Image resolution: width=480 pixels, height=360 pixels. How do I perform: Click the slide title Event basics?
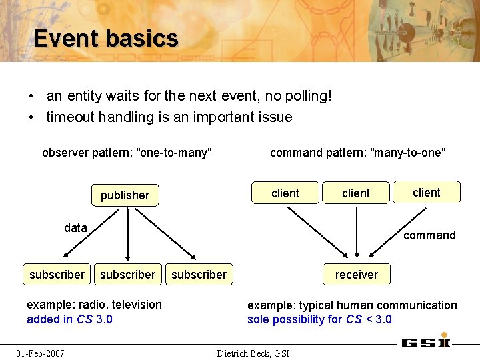pos(106,39)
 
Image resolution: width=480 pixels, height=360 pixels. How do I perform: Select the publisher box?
pos(125,195)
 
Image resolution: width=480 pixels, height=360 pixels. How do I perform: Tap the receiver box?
pos(356,275)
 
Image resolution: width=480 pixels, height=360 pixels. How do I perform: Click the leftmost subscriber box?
pos(57,275)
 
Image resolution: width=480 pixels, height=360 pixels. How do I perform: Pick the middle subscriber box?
pos(127,275)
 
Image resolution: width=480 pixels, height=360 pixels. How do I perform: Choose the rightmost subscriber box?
pos(199,275)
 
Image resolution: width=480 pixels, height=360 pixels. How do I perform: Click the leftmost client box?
pos(285,193)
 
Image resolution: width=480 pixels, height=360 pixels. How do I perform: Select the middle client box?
pos(356,193)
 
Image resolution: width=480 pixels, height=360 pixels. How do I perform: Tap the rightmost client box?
pos(427,193)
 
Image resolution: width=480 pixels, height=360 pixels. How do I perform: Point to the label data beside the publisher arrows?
pos(75,228)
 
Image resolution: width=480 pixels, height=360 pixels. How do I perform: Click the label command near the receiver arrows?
pos(429,235)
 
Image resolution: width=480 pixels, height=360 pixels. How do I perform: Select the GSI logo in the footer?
pos(425,343)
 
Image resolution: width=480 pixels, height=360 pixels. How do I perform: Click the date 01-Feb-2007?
pos(41,353)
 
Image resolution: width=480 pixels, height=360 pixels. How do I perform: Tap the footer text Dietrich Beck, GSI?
pos(253,353)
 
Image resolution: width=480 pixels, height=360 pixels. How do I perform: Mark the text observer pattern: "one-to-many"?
pos(127,153)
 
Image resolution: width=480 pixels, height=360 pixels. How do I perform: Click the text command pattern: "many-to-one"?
pos(358,153)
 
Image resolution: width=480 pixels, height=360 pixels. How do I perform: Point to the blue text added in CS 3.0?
pos(69,319)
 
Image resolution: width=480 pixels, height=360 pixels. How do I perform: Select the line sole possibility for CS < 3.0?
pos(319,319)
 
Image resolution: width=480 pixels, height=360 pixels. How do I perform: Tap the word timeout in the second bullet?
pos(71,117)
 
